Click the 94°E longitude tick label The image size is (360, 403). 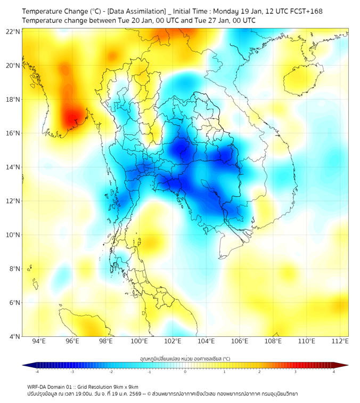tap(39, 341)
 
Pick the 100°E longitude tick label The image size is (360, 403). tap(139, 341)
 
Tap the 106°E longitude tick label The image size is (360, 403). tap(240, 341)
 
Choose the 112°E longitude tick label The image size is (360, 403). tap(340, 341)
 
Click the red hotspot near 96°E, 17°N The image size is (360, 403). tap(72, 117)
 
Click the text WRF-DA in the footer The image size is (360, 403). tap(38, 386)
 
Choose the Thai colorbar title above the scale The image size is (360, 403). tap(185, 359)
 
